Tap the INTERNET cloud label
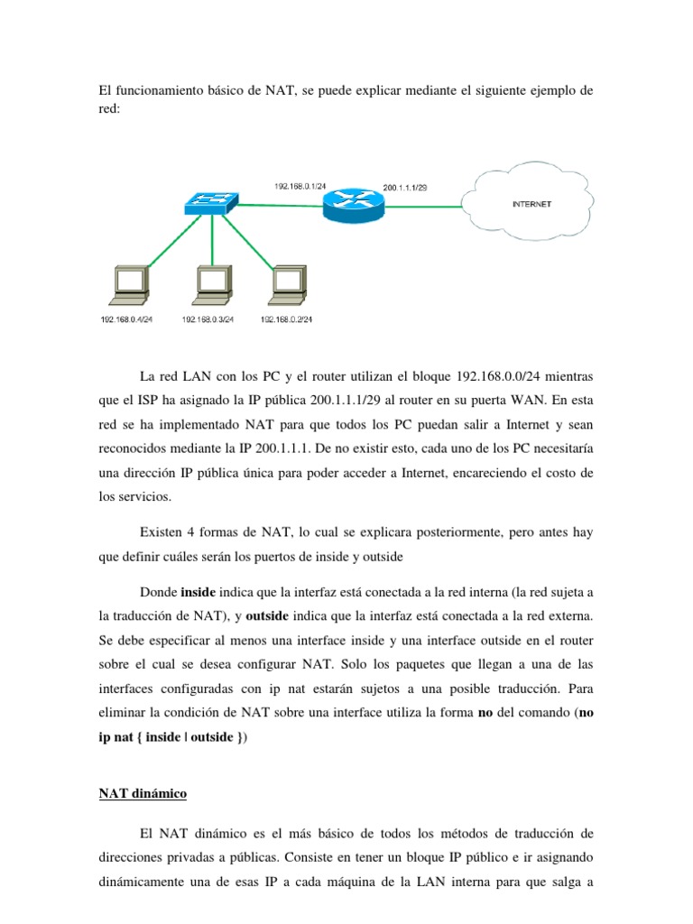tap(531, 204)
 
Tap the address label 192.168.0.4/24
tap(127, 319)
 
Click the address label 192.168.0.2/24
tap(286, 319)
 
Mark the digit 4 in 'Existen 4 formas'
tap(197, 532)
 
